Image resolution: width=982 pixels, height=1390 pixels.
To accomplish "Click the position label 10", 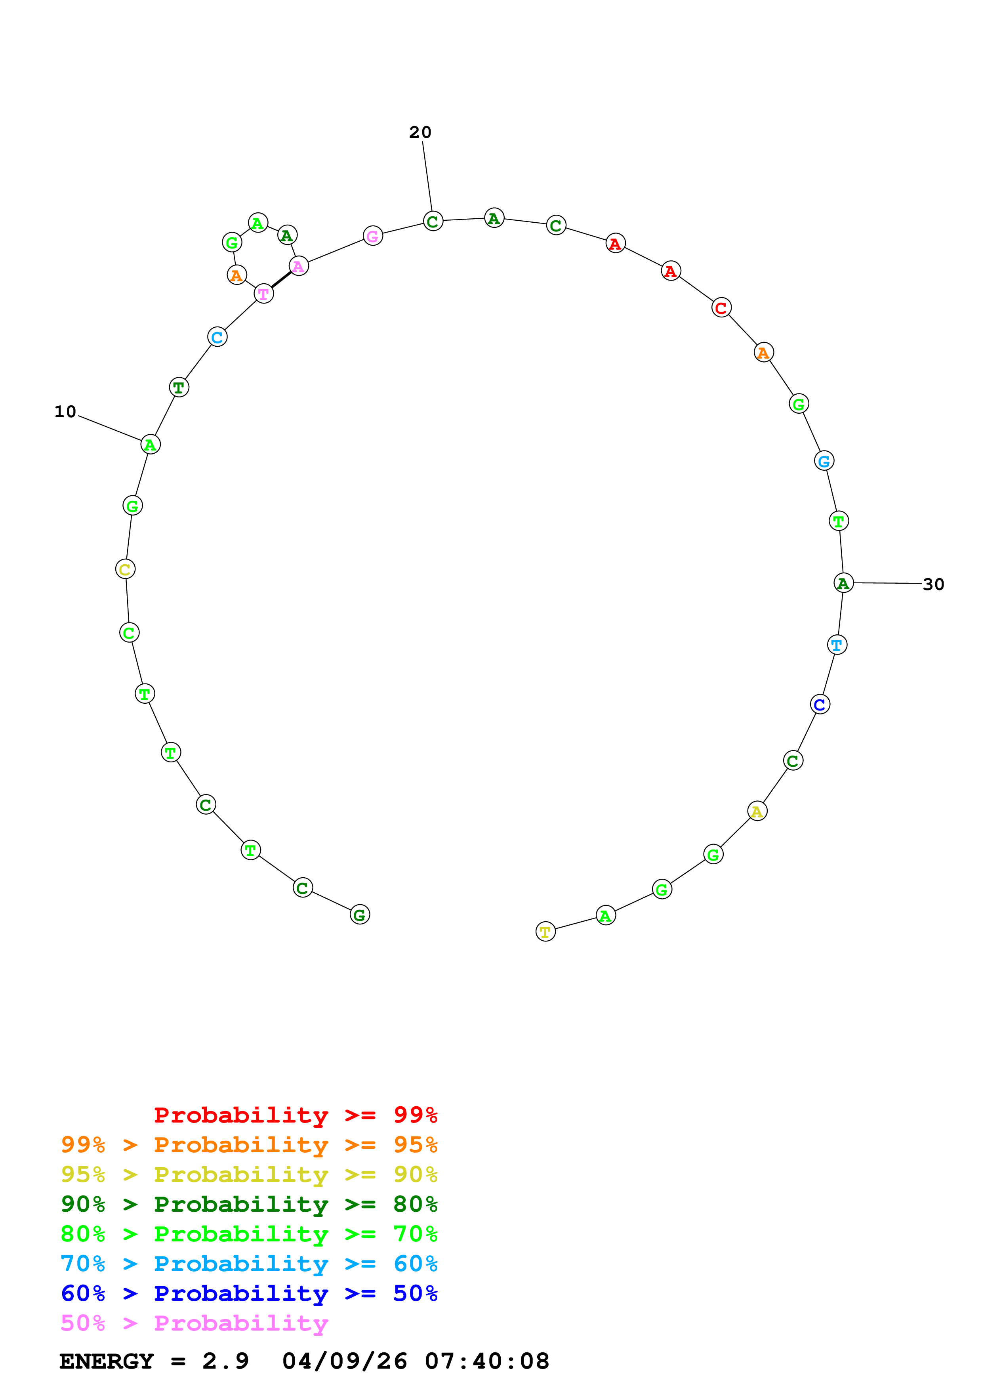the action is tap(65, 412).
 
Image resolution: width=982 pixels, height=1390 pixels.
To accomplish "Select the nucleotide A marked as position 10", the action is tap(151, 444).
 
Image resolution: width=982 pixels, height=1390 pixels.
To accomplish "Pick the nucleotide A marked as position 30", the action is tap(843, 583).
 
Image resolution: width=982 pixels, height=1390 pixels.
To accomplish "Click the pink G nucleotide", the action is tap(373, 236).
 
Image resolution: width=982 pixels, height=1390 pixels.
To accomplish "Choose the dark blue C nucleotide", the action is tap(820, 704).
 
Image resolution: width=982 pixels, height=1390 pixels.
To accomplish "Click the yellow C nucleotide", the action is tap(125, 569).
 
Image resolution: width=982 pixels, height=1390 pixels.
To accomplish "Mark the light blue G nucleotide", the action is tap(824, 461).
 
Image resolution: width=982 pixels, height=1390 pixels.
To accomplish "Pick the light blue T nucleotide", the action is tap(837, 645).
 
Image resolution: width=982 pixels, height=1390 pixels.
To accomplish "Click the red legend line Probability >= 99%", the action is tap(295, 1115).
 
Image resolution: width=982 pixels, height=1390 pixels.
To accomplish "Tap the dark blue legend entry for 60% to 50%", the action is tap(249, 1293).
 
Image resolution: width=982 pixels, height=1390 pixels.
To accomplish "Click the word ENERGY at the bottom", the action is tap(107, 1361).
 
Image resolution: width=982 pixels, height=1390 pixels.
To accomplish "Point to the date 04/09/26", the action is tap(344, 1361).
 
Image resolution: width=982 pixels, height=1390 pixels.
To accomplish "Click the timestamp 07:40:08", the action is tap(487, 1361).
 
